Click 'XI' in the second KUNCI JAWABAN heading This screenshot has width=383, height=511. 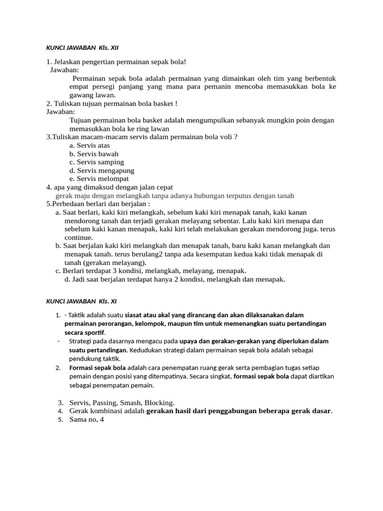[x=113, y=301]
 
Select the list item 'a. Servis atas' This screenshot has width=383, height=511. [x=90, y=145]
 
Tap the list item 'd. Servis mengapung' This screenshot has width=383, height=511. [x=100, y=170]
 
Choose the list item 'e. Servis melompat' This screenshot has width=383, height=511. [x=99, y=179]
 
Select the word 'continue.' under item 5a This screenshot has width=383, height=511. [x=79, y=238]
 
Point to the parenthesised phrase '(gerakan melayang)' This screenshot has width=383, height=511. [x=115, y=262]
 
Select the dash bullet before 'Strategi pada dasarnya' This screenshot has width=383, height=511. [x=59, y=341]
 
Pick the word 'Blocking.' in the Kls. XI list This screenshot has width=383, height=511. [x=159, y=402]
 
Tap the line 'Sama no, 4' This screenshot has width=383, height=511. [x=87, y=419]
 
